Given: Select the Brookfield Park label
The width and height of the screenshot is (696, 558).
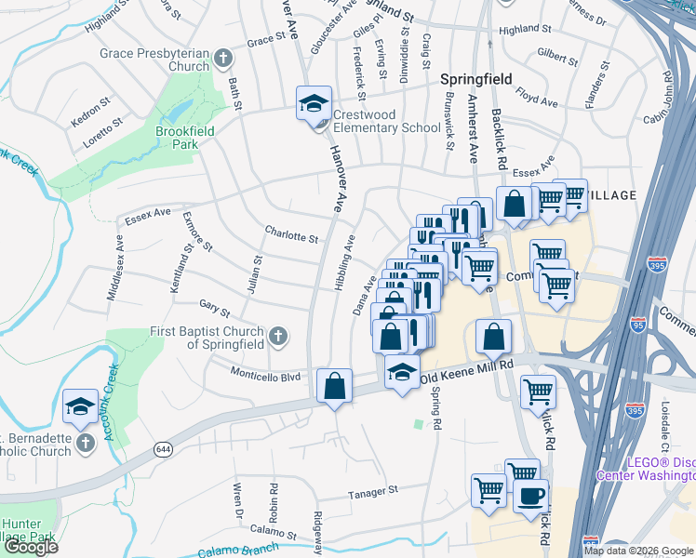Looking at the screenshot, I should pos(184,138).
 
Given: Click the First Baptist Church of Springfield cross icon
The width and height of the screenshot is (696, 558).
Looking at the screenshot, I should pos(277,337).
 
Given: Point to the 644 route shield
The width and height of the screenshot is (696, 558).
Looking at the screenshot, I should pos(160,449).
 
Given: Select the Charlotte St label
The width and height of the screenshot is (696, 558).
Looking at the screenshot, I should pos(291,236).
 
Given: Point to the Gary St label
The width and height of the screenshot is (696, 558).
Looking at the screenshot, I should pos(214,306).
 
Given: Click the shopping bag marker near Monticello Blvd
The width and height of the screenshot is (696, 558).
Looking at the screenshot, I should pos(334,386).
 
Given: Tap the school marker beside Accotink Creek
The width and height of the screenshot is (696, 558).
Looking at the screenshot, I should pos(80,405).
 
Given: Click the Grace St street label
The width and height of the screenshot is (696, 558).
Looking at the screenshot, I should pos(264,41).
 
